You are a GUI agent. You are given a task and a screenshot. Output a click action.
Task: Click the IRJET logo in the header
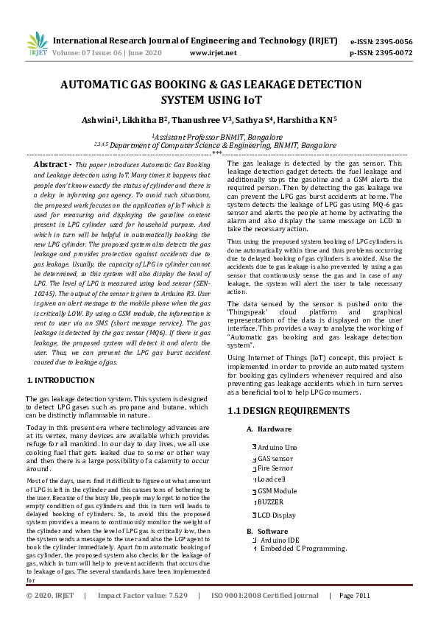click(x=37, y=45)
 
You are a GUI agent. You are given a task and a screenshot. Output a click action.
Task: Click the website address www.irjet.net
click(x=213, y=53)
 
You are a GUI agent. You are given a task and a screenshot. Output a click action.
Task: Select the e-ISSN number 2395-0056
click(x=394, y=41)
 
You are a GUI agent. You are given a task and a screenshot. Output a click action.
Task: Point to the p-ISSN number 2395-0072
click(x=394, y=53)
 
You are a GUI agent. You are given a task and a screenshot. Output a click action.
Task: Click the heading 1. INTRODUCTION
click(x=60, y=379)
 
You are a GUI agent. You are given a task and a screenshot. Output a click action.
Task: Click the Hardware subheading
click(x=274, y=429)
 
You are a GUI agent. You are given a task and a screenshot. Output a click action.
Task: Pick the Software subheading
click(x=273, y=531)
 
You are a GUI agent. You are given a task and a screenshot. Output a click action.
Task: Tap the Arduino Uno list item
click(x=278, y=447)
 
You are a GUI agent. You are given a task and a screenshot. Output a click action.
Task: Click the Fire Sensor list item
click(x=275, y=468)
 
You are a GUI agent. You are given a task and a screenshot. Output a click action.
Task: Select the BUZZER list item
click(x=271, y=501)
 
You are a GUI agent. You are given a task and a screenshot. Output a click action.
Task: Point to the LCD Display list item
click(x=277, y=515)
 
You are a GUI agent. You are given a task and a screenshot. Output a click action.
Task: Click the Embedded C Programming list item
click(x=303, y=549)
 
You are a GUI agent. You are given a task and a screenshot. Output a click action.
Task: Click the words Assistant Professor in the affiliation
click(x=193, y=137)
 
